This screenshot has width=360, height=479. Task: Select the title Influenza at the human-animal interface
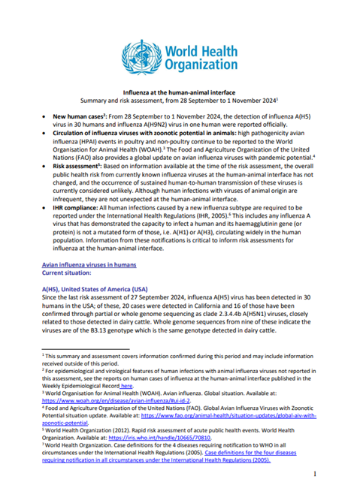[x=180, y=90]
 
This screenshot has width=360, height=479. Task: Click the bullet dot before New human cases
[x=46, y=118]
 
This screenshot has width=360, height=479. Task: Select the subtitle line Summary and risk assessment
[x=180, y=99]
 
